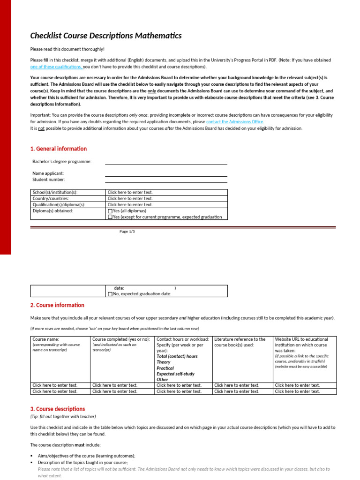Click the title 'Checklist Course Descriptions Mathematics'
[105, 36]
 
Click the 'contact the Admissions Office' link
[235, 122]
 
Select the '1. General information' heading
[59, 149]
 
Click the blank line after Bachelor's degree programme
[166, 162]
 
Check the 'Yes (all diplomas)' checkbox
[110, 211]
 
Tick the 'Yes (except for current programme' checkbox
[110, 217]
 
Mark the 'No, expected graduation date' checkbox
[110, 294]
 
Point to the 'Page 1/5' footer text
[127, 232]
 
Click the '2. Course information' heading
[57, 305]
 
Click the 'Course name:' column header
[45, 339]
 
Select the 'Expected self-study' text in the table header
[175, 374]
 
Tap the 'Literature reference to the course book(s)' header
[240, 342]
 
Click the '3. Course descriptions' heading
[58, 409]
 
